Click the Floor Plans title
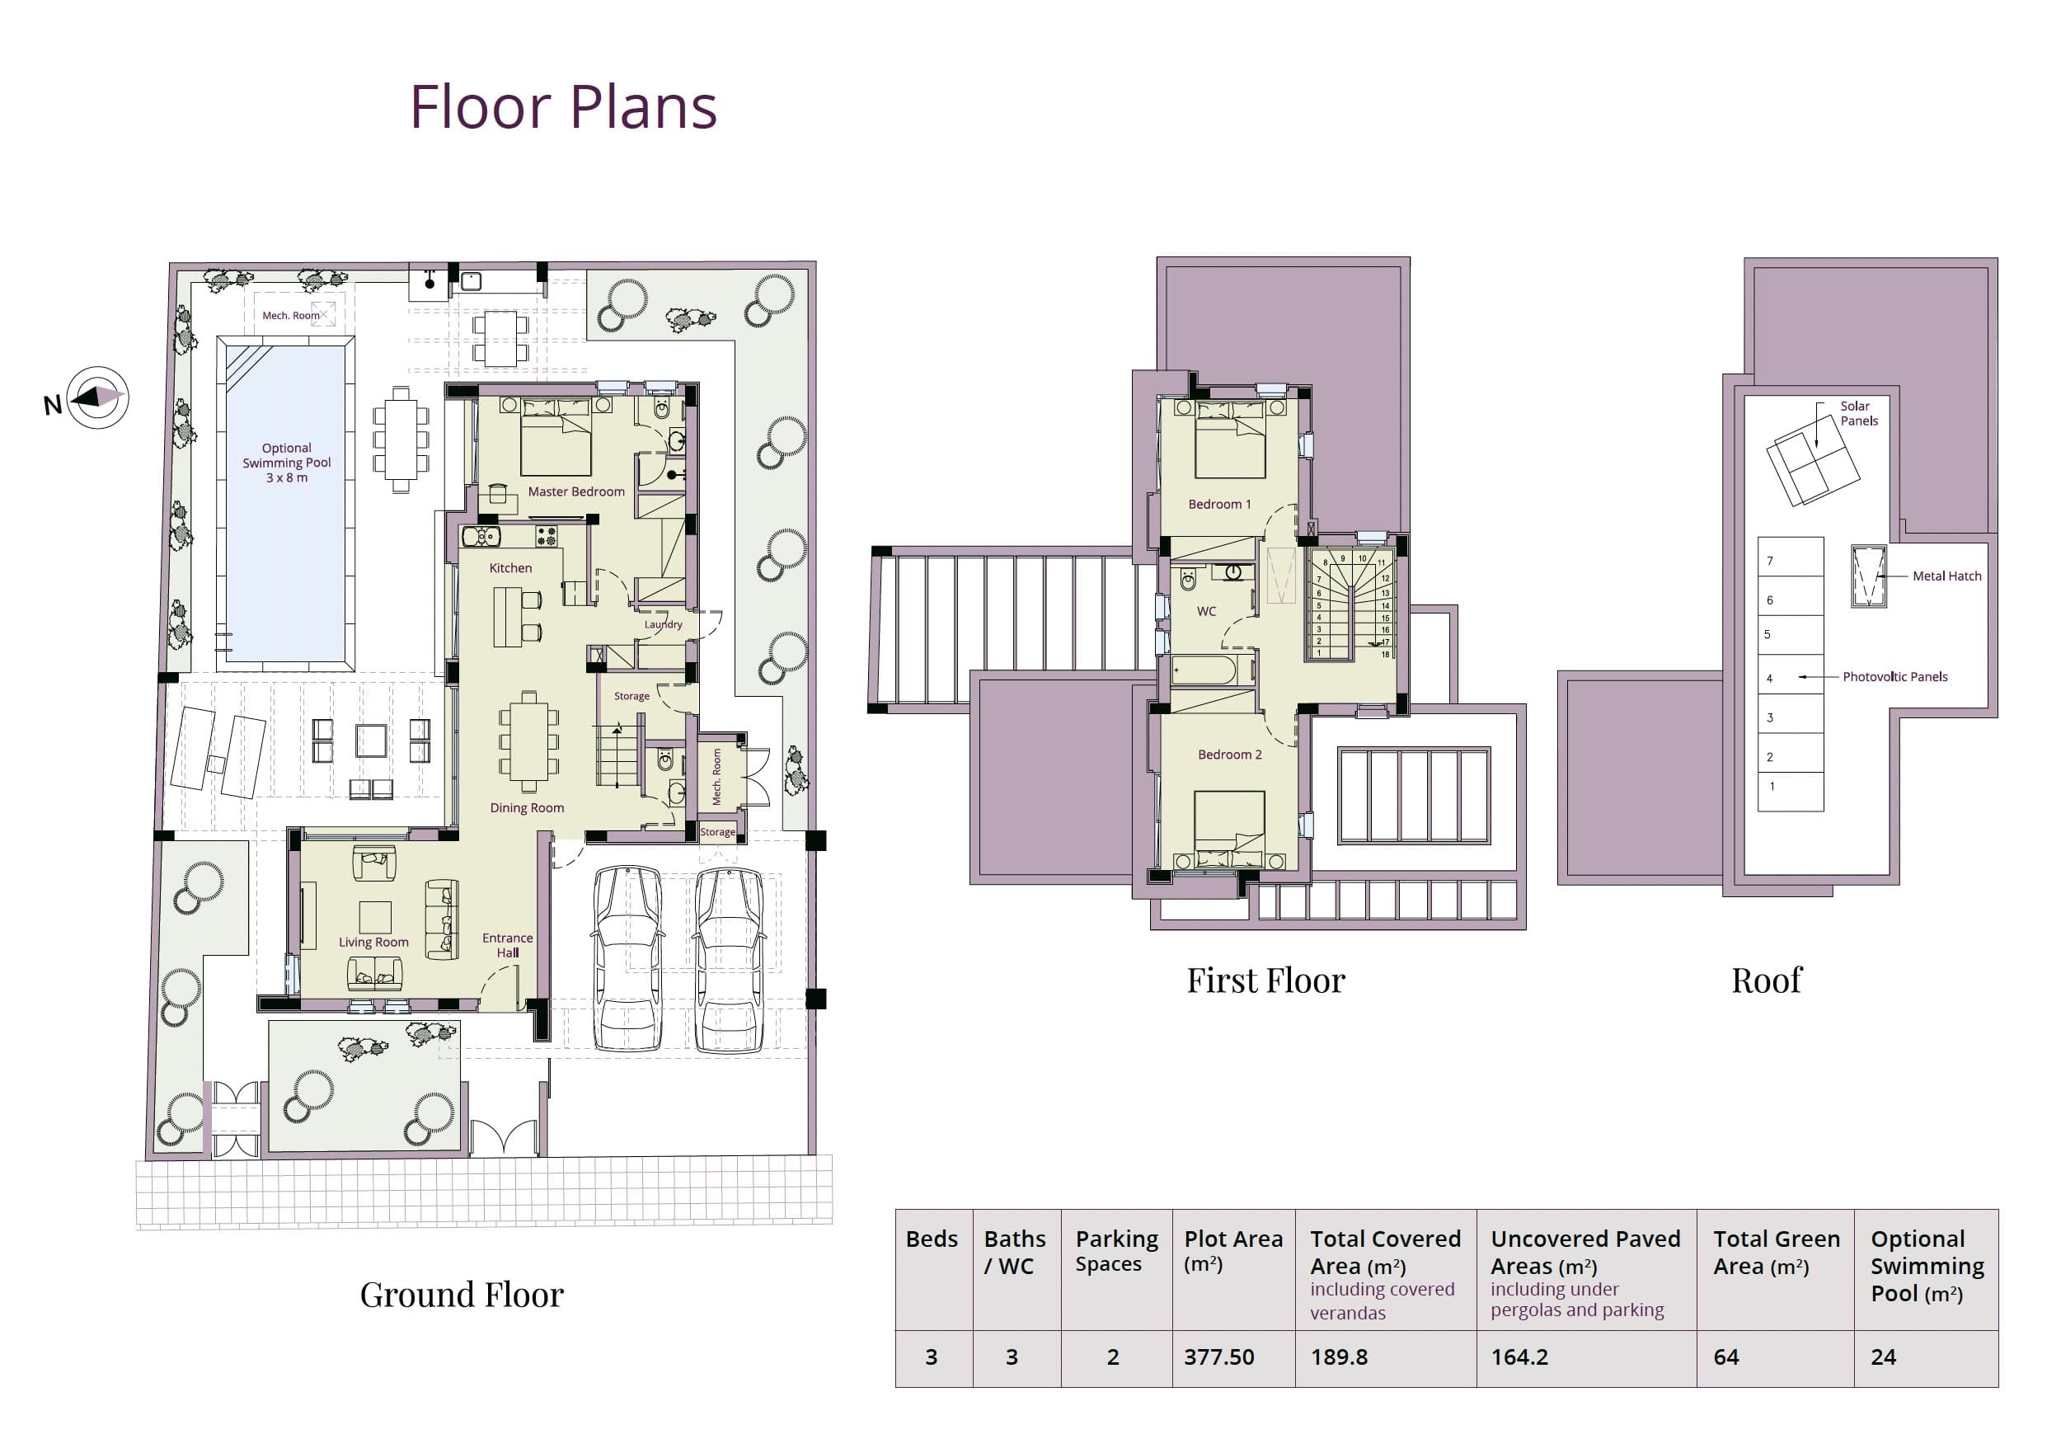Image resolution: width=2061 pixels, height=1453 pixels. (563, 107)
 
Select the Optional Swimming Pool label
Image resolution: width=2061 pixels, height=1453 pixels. (286, 463)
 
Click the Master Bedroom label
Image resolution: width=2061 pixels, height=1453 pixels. (576, 491)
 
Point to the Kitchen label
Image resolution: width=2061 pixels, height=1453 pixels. (511, 567)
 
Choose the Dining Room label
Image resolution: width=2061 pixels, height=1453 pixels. (527, 807)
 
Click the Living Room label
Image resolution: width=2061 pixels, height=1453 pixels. (373, 942)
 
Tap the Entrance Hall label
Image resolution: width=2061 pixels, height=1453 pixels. (507, 945)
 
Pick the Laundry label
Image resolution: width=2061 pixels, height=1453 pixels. (664, 624)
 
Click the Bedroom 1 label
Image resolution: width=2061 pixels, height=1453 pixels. (1219, 504)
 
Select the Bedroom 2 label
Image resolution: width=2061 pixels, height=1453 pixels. (1230, 755)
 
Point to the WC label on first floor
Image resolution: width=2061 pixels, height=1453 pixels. (1206, 612)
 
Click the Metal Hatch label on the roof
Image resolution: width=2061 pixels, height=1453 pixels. (1947, 576)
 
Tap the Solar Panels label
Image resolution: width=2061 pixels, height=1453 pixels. (1859, 413)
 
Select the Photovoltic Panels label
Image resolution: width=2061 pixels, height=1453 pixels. (1895, 676)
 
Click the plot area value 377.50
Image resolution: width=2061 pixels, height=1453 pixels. (1219, 1357)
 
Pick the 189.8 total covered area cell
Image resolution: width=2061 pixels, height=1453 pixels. (1340, 1357)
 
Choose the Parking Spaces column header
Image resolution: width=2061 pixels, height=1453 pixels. (1117, 1251)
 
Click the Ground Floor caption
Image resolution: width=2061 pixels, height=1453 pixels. (462, 1295)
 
